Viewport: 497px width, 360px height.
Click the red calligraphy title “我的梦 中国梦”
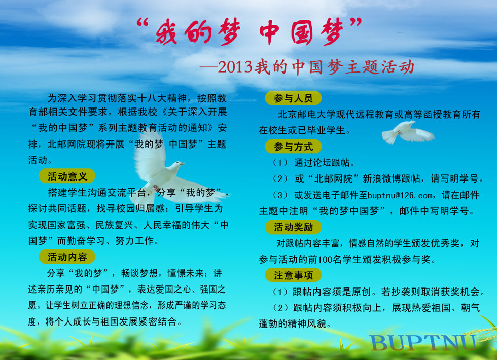(249, 31)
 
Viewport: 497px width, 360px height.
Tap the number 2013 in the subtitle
(235, 67)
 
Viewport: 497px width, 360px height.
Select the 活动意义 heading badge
(67, 176)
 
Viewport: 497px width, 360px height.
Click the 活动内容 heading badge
(67, 257)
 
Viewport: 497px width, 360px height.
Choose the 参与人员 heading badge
(293, 98)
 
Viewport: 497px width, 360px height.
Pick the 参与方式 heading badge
(293, 147)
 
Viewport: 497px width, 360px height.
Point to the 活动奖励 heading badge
(293, 227)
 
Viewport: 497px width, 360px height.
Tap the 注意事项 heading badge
(293, 275)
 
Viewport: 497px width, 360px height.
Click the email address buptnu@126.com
(400, 196)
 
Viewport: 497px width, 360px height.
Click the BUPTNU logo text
(423, 343)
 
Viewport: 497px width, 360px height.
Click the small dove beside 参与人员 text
(408, 132)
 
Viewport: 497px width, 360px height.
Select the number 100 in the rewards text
(325, 260)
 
